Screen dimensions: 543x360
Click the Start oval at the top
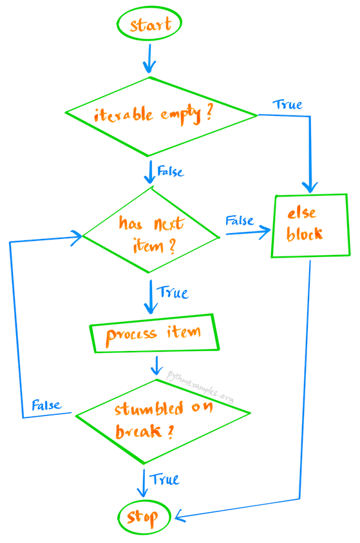[150, 25]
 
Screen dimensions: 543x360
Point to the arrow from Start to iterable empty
[149, 60]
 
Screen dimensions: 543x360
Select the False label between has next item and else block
[239, 220]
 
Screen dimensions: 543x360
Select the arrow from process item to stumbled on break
[155, 367]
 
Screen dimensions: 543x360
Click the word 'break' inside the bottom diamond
[139, 431]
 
